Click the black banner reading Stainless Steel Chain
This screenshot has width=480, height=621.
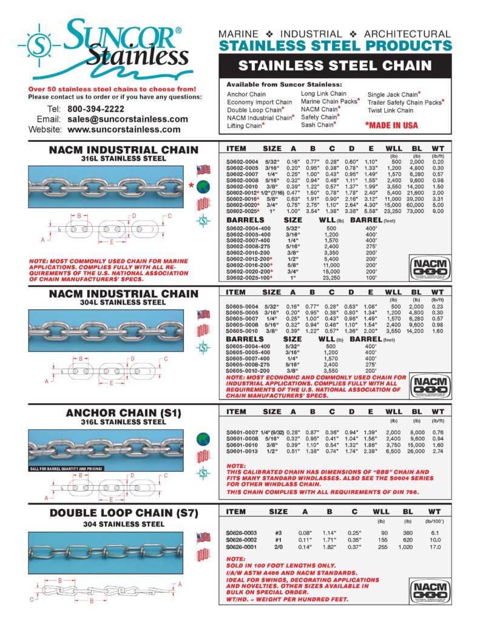[335, 65]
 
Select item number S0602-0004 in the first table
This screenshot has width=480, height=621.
[244, 162]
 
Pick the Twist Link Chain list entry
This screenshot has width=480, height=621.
[390, 110]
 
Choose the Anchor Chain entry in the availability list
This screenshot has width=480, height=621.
[246, 95]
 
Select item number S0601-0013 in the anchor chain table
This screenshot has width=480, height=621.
[243, 452]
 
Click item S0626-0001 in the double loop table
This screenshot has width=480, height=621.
[243, 545]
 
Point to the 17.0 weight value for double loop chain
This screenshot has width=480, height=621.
[436, 545]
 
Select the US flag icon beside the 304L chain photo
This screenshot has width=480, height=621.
[203, 314]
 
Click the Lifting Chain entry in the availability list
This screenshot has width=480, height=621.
[246, 126]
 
